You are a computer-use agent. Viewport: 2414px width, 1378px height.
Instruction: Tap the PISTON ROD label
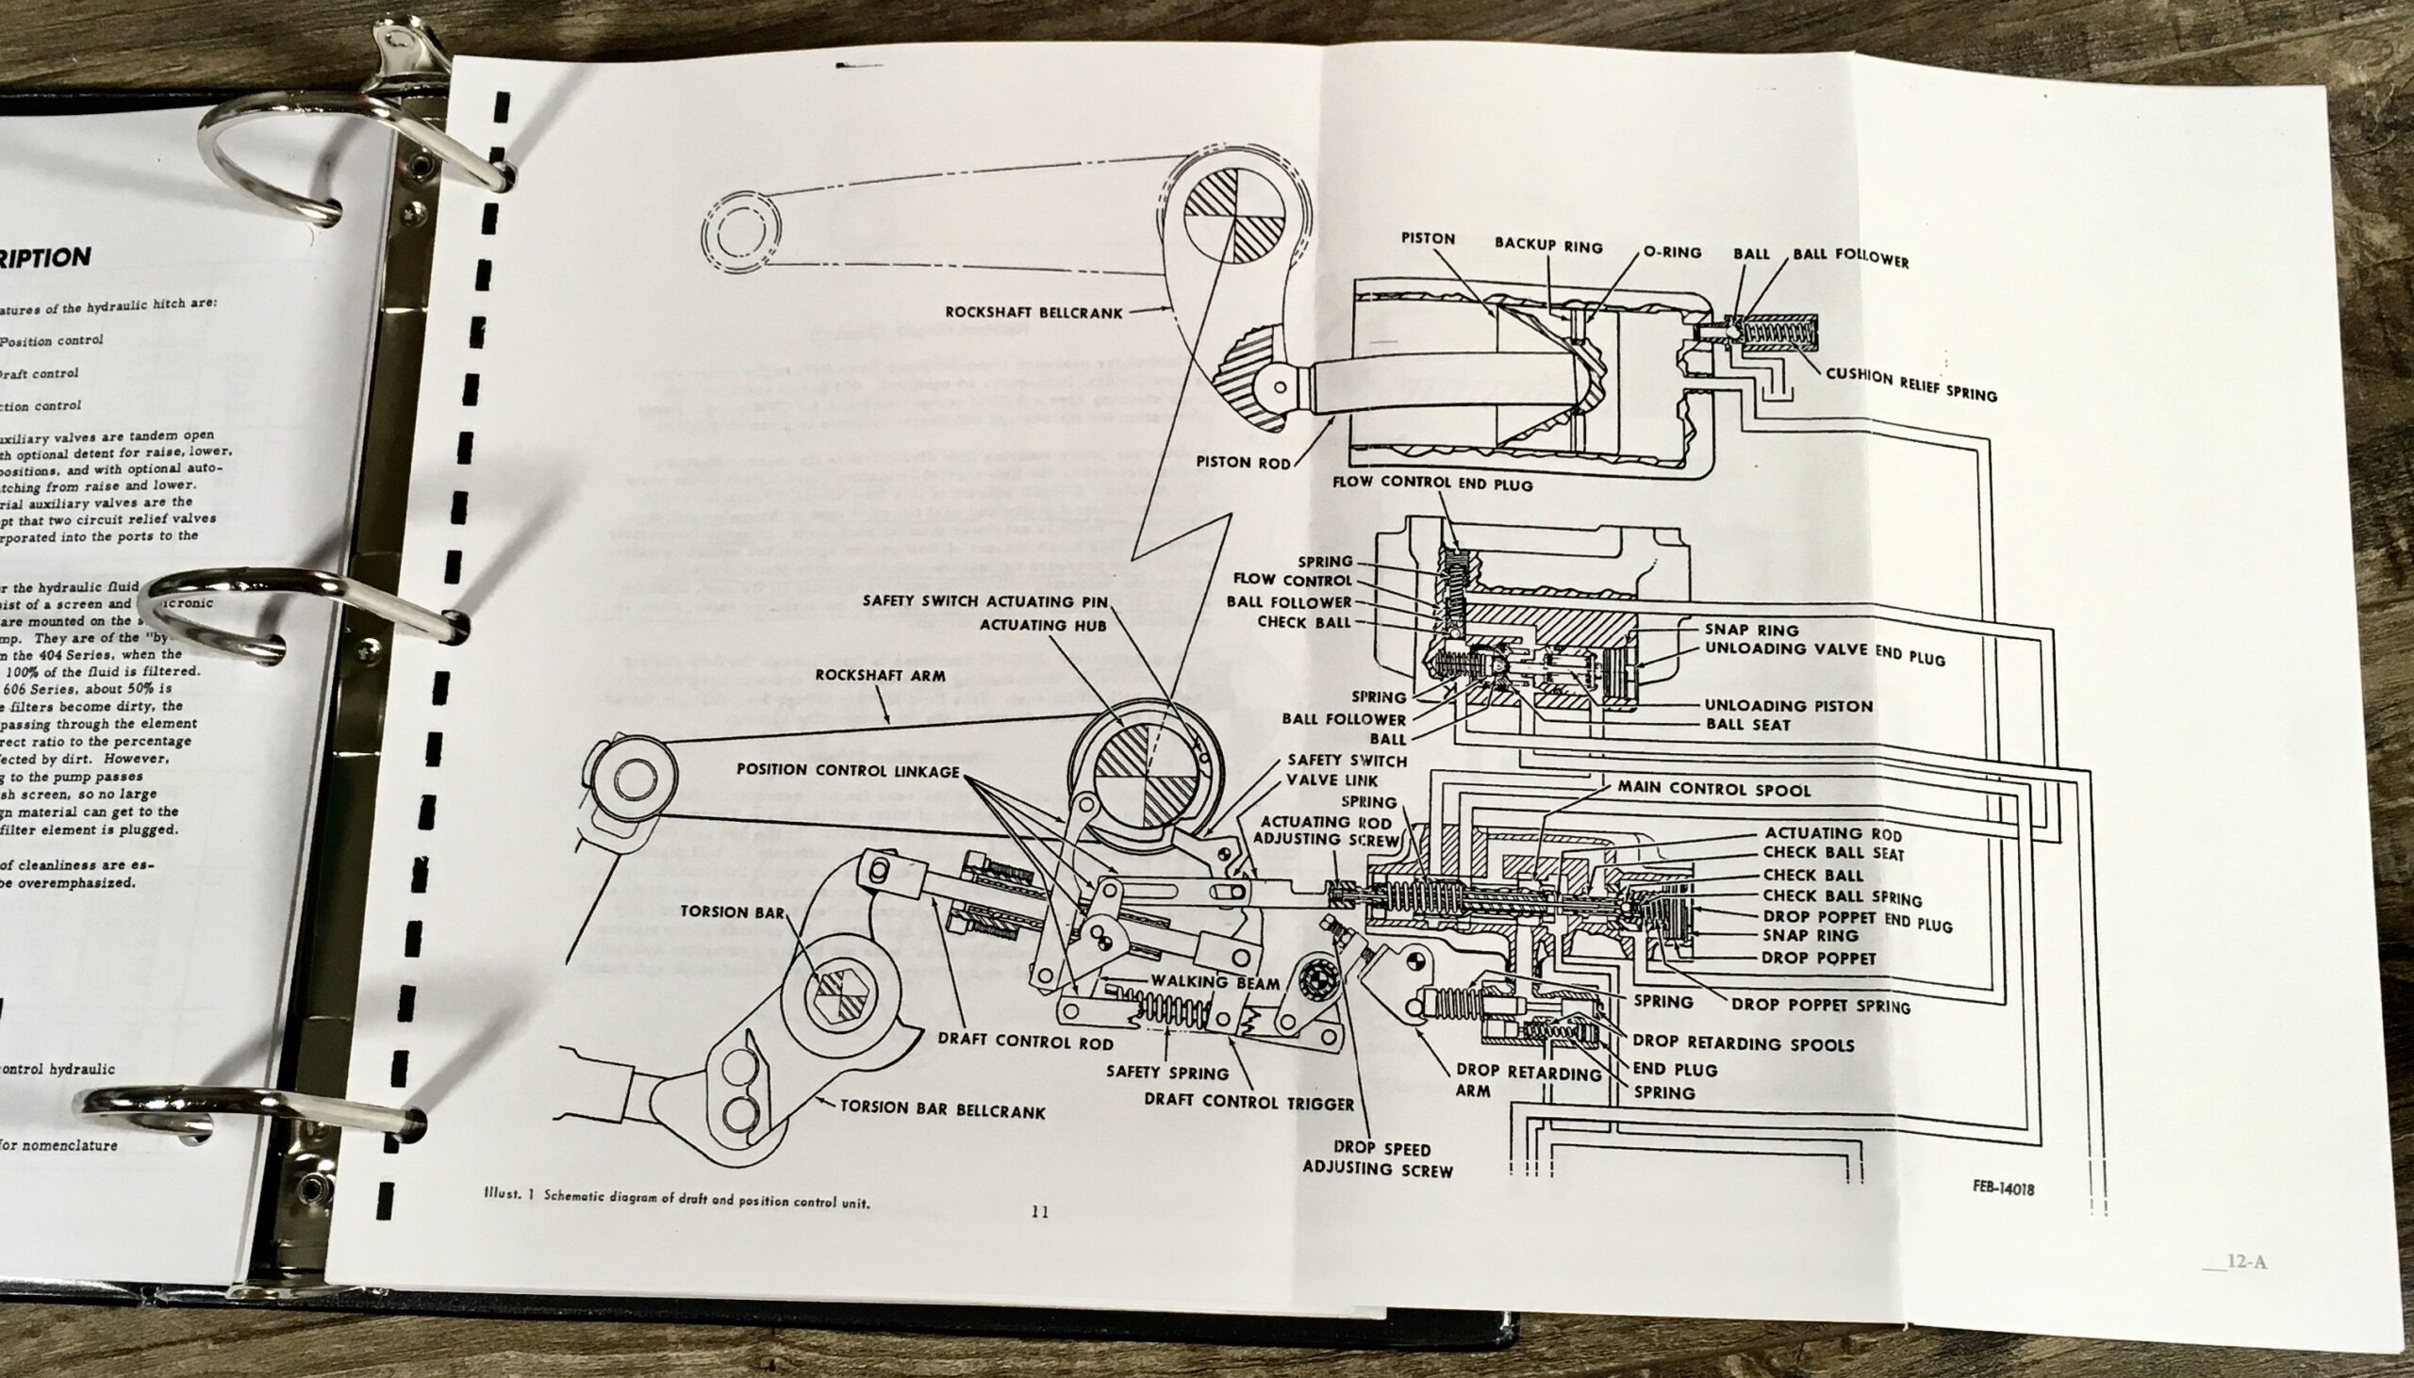[1243, 462]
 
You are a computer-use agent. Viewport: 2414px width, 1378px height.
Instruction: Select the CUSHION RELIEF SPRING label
[1910, 385]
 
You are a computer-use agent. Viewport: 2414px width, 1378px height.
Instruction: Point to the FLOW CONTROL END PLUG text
[1431, 483]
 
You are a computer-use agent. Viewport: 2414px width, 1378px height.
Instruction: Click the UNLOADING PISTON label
[1787, 705]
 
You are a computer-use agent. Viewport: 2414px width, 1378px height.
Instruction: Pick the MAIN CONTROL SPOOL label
[1713, 788]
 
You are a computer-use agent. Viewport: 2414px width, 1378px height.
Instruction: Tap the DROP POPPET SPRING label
[1821, 1005]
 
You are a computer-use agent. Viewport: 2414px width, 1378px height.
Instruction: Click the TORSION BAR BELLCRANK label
[942, 1109]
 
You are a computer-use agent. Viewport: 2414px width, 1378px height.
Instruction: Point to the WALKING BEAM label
[1215, 983]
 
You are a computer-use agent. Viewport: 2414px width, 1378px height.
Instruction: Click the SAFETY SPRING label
[1167, 1073]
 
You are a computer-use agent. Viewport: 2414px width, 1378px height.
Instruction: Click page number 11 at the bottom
[1039, 1212]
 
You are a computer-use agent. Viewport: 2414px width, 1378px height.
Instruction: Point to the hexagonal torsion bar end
[841, 996]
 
